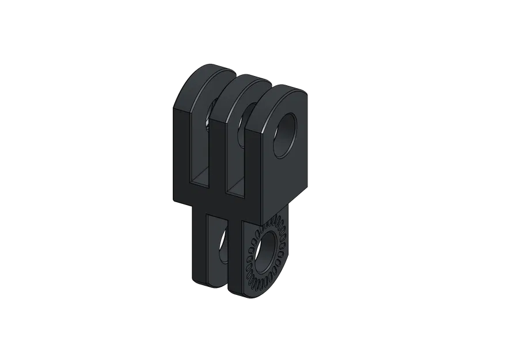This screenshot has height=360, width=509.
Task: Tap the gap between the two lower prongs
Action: click(225, 253)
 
